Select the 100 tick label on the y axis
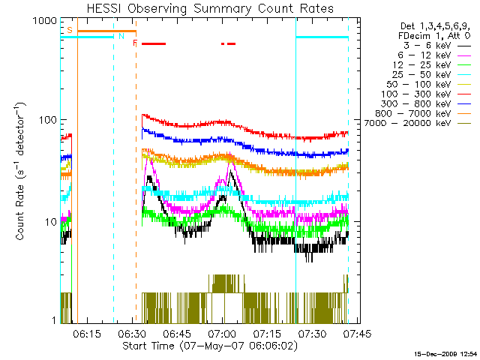pos(47,121)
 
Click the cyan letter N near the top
pos(121,36)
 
